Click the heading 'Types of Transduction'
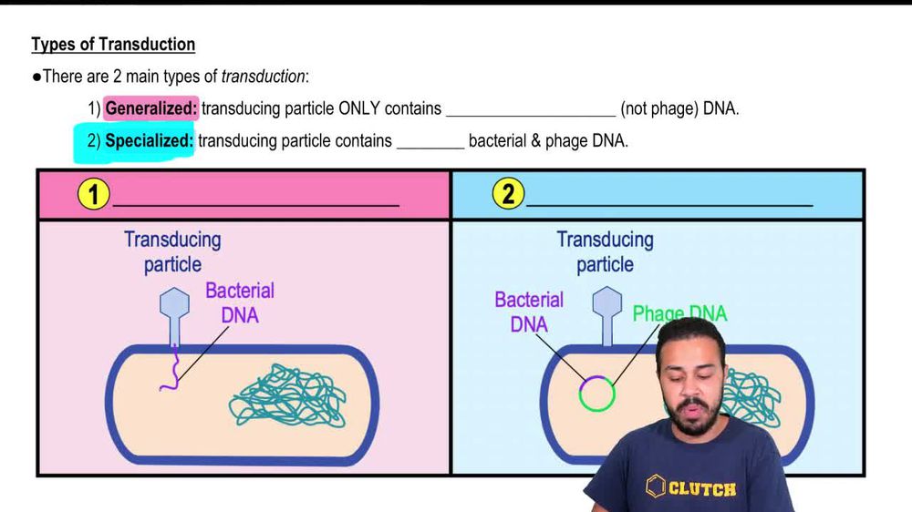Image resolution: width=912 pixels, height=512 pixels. (113, 44)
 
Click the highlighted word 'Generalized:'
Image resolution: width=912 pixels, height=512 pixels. (151, 108)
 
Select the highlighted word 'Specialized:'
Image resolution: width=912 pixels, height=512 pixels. (149, 141)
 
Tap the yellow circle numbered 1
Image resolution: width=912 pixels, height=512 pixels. (94, 194)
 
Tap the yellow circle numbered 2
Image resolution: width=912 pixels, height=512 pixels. (508, 194)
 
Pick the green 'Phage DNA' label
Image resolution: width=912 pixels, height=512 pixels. (679, 314)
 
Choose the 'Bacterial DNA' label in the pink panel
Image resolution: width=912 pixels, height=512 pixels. (240, 302)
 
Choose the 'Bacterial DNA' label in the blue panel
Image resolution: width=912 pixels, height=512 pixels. (529, 312)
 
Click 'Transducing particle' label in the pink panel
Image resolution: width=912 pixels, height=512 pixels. (172, 252)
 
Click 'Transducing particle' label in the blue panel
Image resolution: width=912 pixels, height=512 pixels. (606, 252)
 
